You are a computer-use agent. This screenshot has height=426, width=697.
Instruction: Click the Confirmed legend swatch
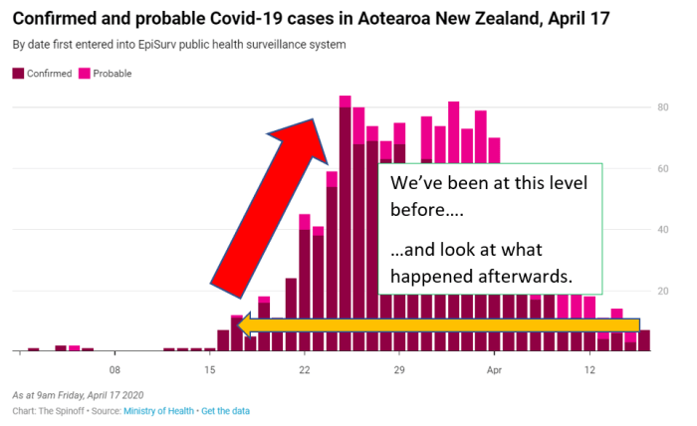point(17,74)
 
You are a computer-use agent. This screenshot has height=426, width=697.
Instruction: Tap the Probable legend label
point(113,74)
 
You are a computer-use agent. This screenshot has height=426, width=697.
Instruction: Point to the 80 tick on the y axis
point(662,106)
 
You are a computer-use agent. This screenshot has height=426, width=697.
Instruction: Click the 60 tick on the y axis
point(662,168)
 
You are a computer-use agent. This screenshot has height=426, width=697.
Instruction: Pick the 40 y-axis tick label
point(662,230)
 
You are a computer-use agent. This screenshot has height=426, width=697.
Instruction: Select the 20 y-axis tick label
point(662,292)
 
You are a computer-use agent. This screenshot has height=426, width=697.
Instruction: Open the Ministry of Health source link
point(158,410)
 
